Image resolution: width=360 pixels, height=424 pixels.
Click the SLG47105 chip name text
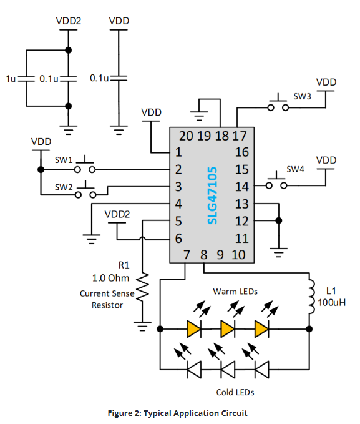(212, 195)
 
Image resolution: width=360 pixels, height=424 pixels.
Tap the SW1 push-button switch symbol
(85, 165)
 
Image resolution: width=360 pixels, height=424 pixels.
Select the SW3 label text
(302, 96)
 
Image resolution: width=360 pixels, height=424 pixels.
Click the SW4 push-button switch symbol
(276, 180)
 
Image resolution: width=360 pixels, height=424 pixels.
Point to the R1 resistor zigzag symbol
(142, 287)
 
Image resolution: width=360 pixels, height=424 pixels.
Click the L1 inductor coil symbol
(311, 297)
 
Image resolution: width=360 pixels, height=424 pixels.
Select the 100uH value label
(331, 302)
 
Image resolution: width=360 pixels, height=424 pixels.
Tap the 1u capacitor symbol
(26, 79)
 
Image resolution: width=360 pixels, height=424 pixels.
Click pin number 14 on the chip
(241, 187)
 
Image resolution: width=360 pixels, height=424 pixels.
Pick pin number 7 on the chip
(187, 255)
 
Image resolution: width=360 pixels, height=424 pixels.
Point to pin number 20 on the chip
(186, 136)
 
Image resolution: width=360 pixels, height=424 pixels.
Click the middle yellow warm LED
(228, 329)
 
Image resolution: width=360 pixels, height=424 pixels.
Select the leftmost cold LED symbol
(194, 370)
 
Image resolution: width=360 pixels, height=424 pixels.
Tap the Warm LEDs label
(235, 292)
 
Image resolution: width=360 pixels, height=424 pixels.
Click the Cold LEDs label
(235, 392)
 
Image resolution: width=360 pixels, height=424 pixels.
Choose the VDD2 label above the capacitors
(69, 21)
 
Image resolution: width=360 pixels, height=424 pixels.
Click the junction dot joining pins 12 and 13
(279, 220)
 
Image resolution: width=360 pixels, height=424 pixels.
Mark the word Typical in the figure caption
(158, 413)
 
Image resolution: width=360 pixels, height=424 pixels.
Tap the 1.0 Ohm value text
(110, 278)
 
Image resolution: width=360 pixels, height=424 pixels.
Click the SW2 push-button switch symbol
(85, 190)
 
